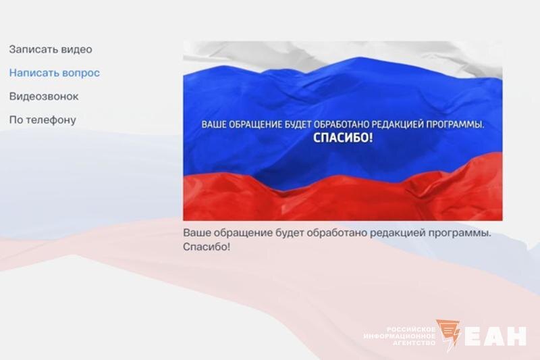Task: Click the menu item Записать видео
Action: tap(51, 49)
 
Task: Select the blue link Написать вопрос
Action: tap(55, 73)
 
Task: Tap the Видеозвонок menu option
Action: tap(44, 97)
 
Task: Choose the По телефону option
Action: tap(43, 120)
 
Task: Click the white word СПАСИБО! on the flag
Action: tap(343, 138)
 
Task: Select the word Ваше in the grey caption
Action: tap(196, 232)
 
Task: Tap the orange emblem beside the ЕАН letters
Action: tap(448, 334)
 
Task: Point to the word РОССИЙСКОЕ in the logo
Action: tap(411, 329)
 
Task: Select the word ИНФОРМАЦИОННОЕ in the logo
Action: tap(400, 336)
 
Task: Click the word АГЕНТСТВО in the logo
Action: tap(414, 343)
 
